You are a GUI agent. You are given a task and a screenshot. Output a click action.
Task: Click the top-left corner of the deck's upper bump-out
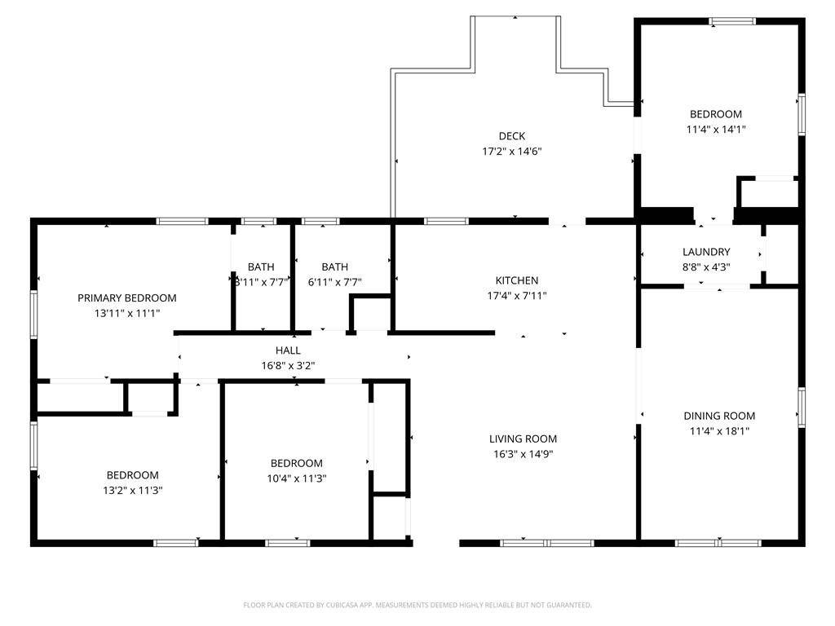471,17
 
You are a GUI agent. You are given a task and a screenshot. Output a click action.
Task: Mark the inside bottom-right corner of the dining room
798,540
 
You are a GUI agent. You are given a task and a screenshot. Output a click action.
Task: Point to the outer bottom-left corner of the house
31,546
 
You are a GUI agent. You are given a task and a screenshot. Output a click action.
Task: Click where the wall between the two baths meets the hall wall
293,333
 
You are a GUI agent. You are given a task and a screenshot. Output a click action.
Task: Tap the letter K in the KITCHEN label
498,280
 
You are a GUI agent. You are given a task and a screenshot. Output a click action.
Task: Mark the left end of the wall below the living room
460,543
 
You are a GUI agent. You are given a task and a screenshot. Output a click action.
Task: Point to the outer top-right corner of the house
805,18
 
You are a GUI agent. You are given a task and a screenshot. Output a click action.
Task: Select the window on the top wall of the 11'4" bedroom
732,21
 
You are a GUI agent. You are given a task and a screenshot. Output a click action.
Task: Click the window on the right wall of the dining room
802,408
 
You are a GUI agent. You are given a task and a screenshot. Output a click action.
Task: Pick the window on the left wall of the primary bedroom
34,314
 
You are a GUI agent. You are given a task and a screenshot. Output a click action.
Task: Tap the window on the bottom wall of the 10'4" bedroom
288,543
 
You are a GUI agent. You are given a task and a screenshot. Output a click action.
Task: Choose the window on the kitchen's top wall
446,222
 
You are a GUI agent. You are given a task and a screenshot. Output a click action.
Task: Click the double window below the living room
547,543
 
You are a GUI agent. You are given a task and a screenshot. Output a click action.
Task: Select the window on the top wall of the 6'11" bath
320,222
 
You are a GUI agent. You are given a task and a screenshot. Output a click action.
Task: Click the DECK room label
512,136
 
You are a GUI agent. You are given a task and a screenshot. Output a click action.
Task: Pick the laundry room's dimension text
706,267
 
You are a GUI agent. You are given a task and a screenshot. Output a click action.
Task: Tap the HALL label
288,350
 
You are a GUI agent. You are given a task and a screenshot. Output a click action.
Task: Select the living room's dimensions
524,454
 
